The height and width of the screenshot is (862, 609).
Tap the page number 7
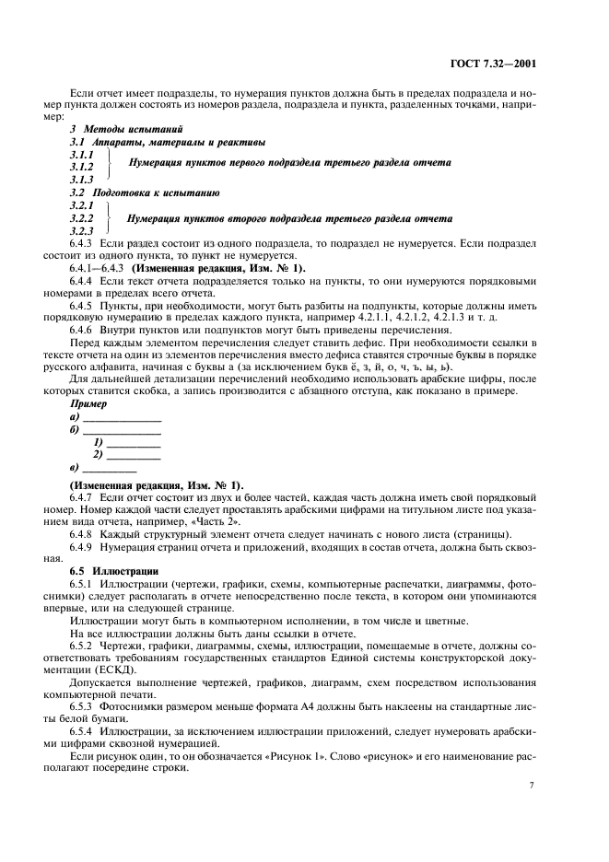click(x=532, y=785)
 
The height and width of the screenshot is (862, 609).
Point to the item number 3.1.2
click(x=82, y=167)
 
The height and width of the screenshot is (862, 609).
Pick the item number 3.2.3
click(x=82, y=230)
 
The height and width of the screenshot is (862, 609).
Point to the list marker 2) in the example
click(x=98, y=454)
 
